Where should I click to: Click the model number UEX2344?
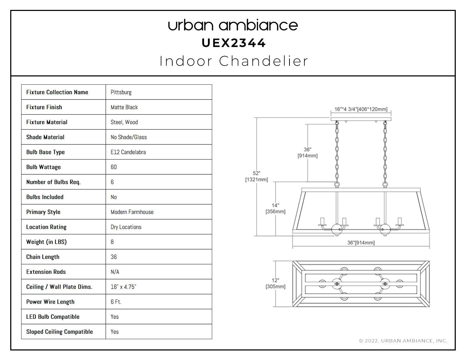(233, 43)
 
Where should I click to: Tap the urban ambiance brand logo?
(233, 25)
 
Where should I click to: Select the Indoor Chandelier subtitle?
(234, 61)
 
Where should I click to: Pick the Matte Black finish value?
(124, 107)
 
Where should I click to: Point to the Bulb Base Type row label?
(46, 152)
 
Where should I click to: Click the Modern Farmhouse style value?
(132, 212)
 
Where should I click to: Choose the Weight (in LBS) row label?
(47, 242)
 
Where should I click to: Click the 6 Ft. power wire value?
(116, 302)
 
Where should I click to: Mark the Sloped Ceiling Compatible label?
(60, 332)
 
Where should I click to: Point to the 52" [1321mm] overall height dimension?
(257, 176)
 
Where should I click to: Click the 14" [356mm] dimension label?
(275, 208)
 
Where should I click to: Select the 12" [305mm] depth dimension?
(275, 283)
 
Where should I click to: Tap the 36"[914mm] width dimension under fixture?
(361, 242)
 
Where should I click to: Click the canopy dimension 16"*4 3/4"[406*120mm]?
(361, 109)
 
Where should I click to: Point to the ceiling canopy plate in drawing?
(361, 119)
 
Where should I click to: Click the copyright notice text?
(403, 341)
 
